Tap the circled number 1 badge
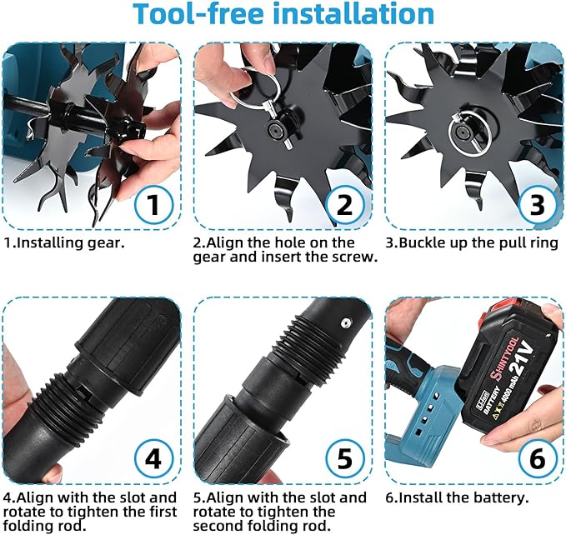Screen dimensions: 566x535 point(154,204)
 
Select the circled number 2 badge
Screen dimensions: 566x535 point(344,204)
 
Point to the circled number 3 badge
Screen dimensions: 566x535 point(537,204)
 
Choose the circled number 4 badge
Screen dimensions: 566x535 point(154,459)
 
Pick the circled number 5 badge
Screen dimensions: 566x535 point(344,459)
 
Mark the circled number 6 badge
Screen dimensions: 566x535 point(537,459)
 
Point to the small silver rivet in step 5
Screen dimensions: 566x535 point(346,322)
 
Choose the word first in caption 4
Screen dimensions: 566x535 point(162,512)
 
